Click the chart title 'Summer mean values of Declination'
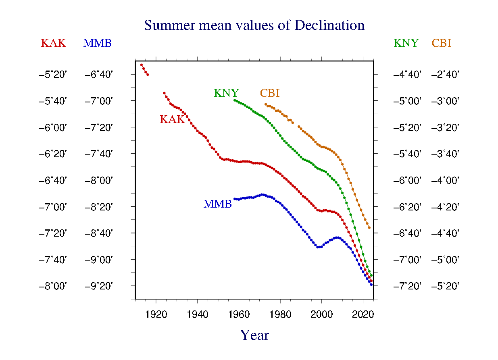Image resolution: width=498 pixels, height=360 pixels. click(x=254, y=25)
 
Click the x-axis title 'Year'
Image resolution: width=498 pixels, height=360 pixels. click(x=254, y=335)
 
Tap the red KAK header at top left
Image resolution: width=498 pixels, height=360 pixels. click(x=53, y=44)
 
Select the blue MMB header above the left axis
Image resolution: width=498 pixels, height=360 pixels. click(x=97, y=44)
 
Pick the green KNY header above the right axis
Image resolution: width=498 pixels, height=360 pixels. click(x=406, y=44)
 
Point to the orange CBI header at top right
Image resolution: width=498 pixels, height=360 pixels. click(x=442, y=44)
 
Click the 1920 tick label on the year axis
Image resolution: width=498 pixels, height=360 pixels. click(x=156, y=314)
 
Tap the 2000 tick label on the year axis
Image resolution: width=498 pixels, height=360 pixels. click(x=322, y=314)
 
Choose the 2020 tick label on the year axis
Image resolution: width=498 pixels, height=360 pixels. click(x=363, y=314)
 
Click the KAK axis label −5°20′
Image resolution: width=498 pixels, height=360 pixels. click(x=53, y=75)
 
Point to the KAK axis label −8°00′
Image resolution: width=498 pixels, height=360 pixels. click(x=53, y=286)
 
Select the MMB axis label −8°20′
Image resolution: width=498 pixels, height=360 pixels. click(x=98, y=207)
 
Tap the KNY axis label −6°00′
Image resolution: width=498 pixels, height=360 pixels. click(x=407, y=181)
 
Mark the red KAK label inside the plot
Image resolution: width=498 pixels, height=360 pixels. click(x=172, y=120)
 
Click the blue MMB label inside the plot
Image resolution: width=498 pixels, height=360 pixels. click(x=218, y=204)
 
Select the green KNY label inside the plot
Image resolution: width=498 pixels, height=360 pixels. click(x=226, y=94)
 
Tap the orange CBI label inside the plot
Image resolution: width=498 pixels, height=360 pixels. click(x=270, y=94)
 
